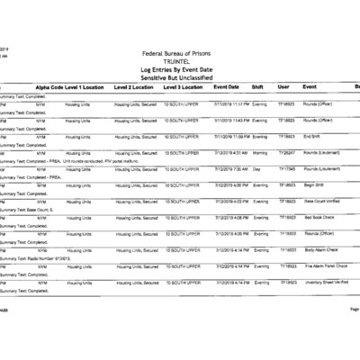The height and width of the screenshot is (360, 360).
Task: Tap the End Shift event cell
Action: [x=314, y=136]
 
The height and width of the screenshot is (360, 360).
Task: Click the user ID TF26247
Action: [x=286, y=152]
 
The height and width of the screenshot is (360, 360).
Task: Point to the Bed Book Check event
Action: [x=319, y=217]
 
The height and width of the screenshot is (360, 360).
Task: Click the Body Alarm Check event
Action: [x=321, y=249]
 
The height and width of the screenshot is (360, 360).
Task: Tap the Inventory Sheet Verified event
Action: [x=328, y=282]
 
